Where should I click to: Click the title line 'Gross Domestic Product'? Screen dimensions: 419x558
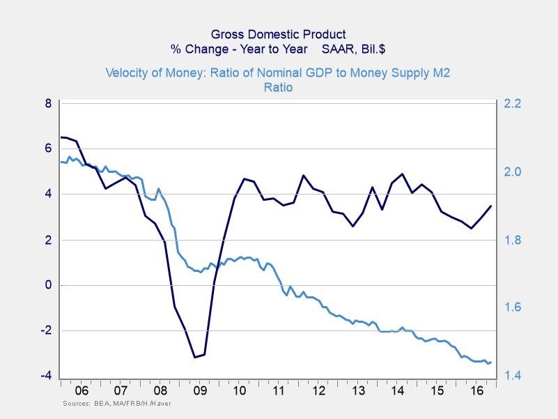click(279, 33)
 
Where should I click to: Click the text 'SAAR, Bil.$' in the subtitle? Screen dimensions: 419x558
click(354, 49)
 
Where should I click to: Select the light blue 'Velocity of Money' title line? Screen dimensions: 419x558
click(279, 73)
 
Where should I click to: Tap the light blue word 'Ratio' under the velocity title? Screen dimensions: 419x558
click(279, 88)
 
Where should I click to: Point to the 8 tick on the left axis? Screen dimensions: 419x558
click(48, 103)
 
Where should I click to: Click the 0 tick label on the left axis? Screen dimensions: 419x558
click(48, 285)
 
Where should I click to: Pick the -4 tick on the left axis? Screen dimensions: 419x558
click(46, 376)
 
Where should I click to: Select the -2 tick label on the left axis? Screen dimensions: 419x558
click(46, 330)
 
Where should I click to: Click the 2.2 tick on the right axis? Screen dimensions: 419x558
click(513, 103)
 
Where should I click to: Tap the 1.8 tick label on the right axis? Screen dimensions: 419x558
click(513, 240)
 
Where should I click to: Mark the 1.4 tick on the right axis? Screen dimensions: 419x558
click(513, 376)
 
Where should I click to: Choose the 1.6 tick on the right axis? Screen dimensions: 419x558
click(513, 308)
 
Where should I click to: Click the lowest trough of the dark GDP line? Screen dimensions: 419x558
click(194, 357)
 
